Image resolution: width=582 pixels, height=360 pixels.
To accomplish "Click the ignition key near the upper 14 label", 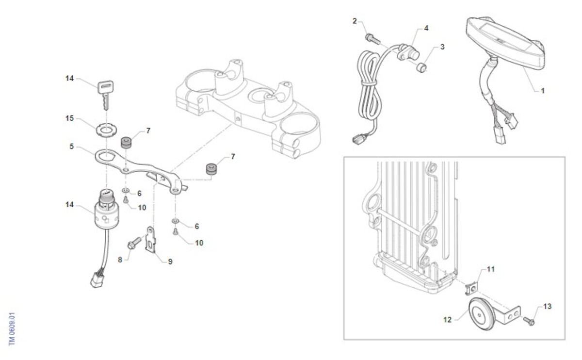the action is point(106,94).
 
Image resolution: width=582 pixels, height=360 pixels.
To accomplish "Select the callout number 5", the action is point(71,147).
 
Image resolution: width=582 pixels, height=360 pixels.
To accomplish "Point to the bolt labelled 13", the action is point(529,321).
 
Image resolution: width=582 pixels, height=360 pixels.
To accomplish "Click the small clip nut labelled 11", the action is point(471,289).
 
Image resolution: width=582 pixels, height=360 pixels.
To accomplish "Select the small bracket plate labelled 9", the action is point(151,240).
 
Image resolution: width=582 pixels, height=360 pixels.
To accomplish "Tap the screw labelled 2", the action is point(373,39).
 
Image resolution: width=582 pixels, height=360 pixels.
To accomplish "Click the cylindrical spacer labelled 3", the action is point(421,67).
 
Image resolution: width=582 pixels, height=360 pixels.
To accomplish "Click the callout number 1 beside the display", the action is point(543,91).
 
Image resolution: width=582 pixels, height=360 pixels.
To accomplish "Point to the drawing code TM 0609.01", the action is point(12,329).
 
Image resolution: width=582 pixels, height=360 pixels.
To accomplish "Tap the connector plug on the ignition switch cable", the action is point(97,280).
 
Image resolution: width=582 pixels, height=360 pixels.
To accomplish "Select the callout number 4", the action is point(426,28).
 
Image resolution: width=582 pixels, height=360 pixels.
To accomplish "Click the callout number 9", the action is point(170,262).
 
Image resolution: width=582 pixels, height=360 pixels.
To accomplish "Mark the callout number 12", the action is point(447,320).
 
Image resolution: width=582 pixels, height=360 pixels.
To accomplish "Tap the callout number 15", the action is point(70,118).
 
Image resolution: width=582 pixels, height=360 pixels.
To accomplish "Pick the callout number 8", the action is point(120,260).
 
